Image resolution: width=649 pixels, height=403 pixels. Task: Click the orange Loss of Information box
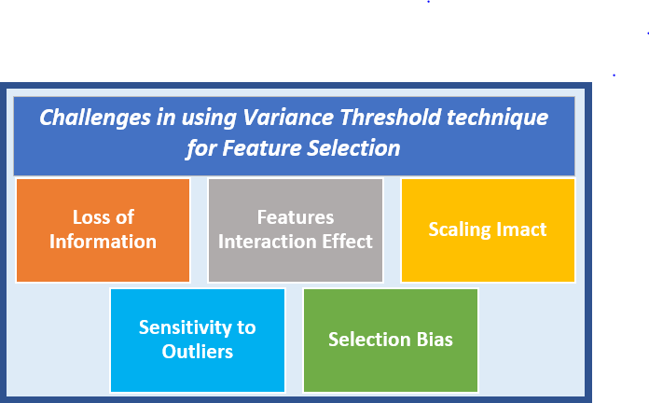(x=103, y=229)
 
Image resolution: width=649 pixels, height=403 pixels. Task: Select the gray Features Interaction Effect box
(x=295, y=229)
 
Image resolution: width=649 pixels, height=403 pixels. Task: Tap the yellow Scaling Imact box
(x=488, y=229)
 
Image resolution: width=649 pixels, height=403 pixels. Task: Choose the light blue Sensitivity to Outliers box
(x=197, y=340)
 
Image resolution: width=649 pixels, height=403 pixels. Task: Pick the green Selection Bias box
(x=391, y=340)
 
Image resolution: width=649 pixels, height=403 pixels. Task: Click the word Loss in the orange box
(x=91, y=217)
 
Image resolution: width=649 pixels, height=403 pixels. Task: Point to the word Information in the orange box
(x=103, y=242)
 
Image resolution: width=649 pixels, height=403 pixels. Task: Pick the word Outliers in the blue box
(x=197, y=352)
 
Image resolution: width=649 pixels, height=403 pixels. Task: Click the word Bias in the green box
(x=434, y=340)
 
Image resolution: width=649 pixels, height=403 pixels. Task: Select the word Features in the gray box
(x=295, y=217)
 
